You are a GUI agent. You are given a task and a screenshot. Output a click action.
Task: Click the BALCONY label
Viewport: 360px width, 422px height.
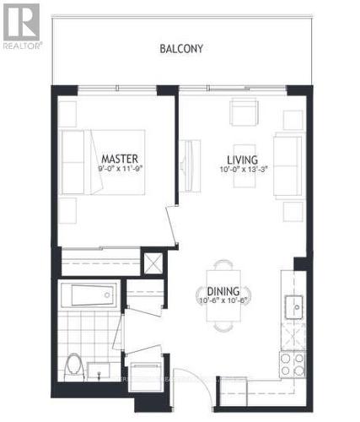(181, 48)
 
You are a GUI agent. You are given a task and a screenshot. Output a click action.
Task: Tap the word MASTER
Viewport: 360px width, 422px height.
(119, 159)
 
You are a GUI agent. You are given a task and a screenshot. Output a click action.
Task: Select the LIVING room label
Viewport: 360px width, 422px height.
(241, 159)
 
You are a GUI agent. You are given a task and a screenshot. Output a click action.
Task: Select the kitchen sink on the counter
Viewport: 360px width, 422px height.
(294, 306)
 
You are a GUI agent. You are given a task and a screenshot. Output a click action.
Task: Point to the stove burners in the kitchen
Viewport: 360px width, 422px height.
(291, 364)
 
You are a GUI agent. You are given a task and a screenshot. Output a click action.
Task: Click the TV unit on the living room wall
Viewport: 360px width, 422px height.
(190, 160)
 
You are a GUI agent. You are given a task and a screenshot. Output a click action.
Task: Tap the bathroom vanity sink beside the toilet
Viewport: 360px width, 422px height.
(105, 370)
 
